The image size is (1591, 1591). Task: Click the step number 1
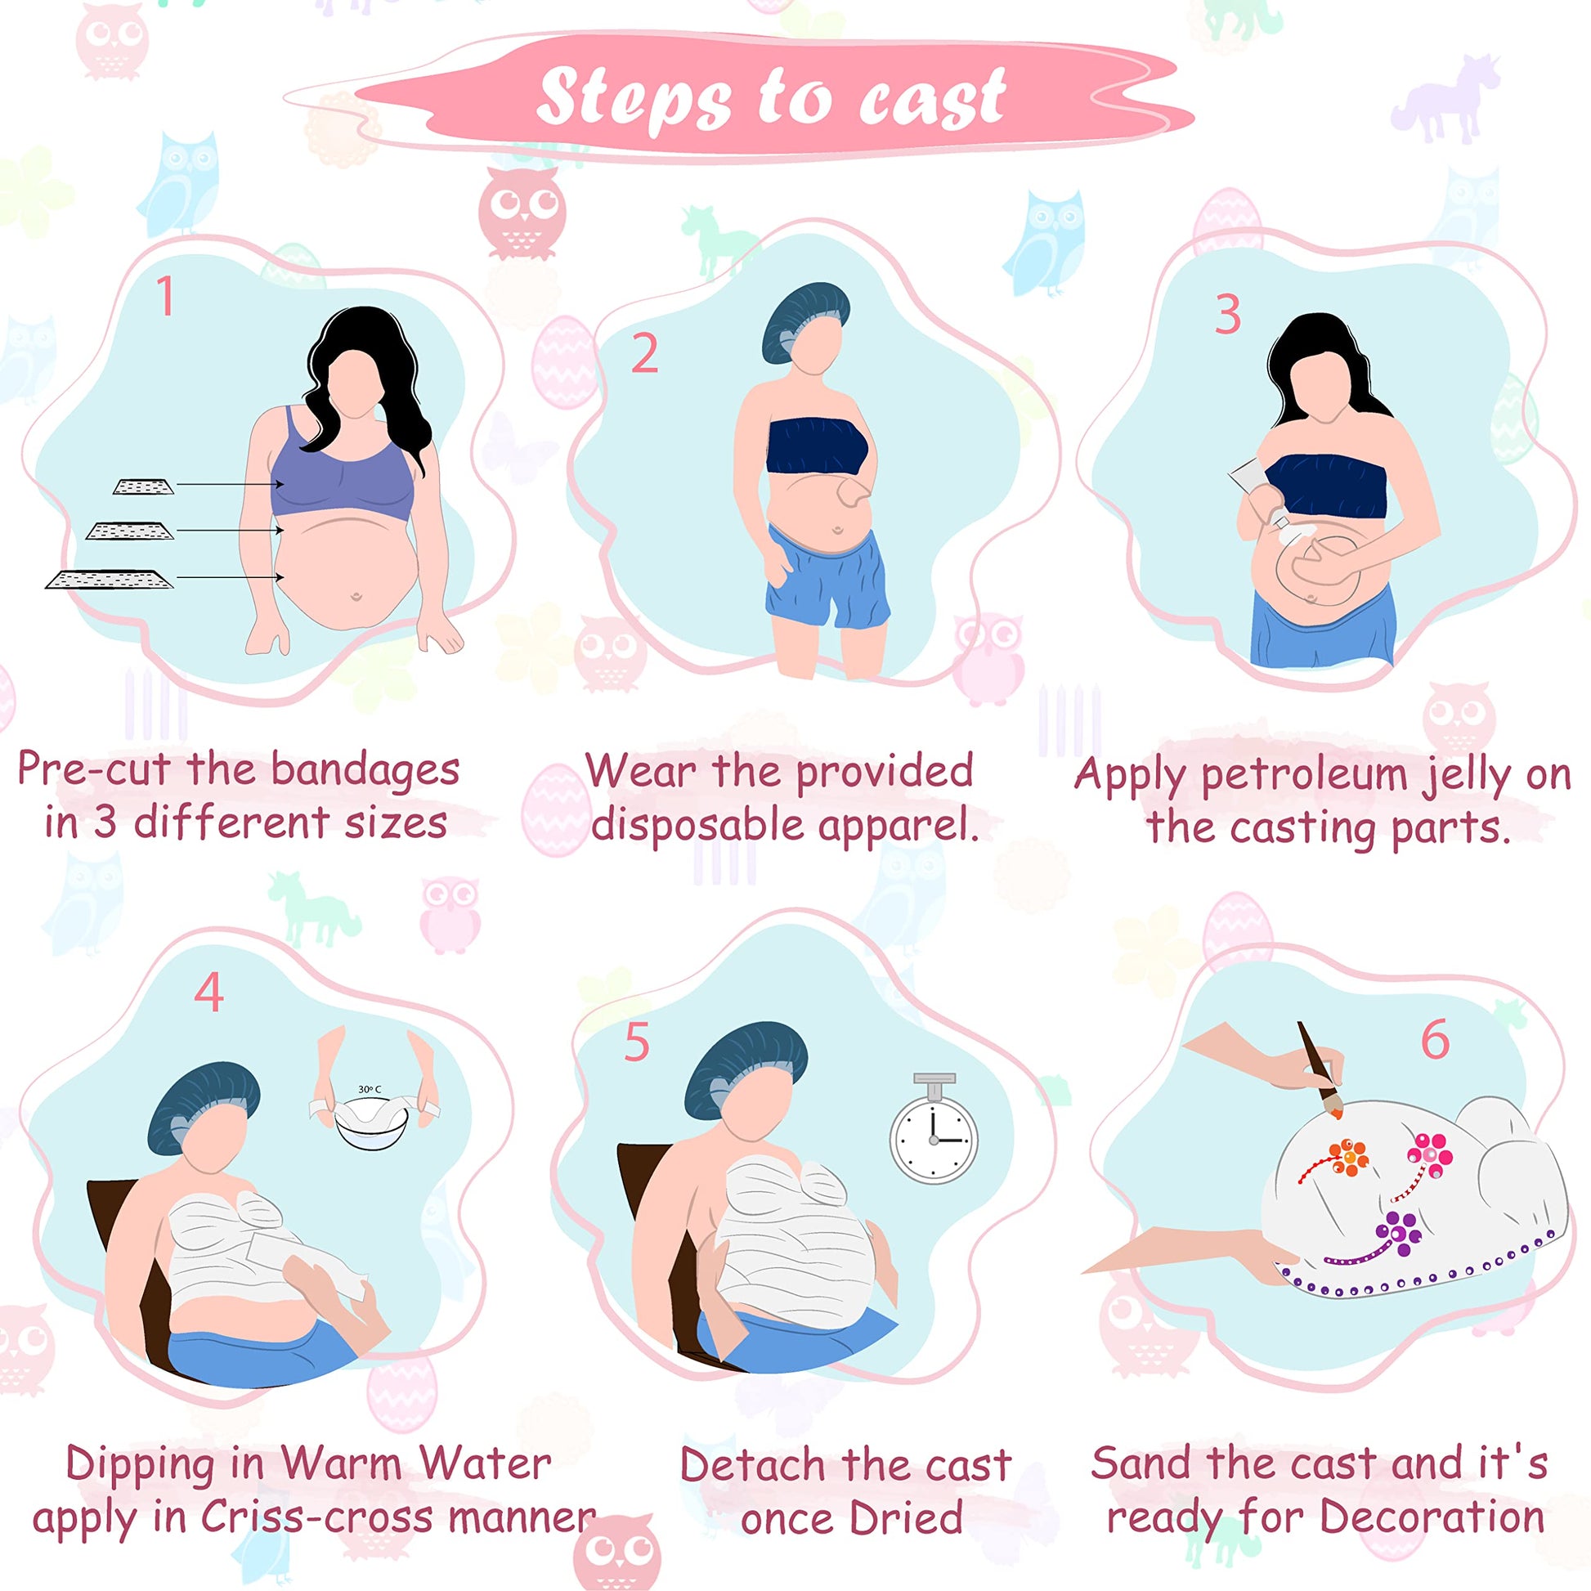coord(165,297)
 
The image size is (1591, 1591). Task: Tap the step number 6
coord(1436,1039)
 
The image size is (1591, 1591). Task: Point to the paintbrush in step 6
coord(1318,1068)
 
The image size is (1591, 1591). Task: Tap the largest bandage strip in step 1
coord(110,579)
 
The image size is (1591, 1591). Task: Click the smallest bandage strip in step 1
coord(144,486)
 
